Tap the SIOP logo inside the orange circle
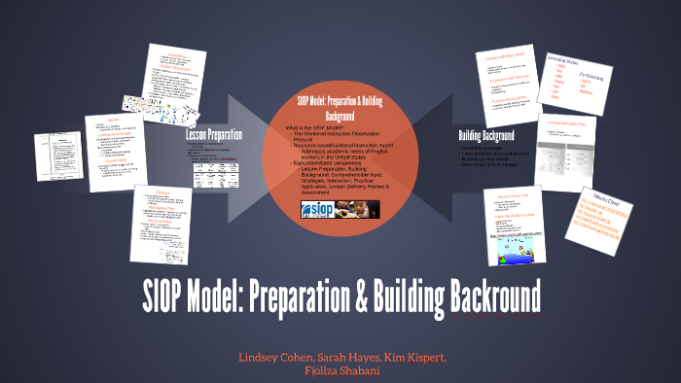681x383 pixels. [x=320, y=208]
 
